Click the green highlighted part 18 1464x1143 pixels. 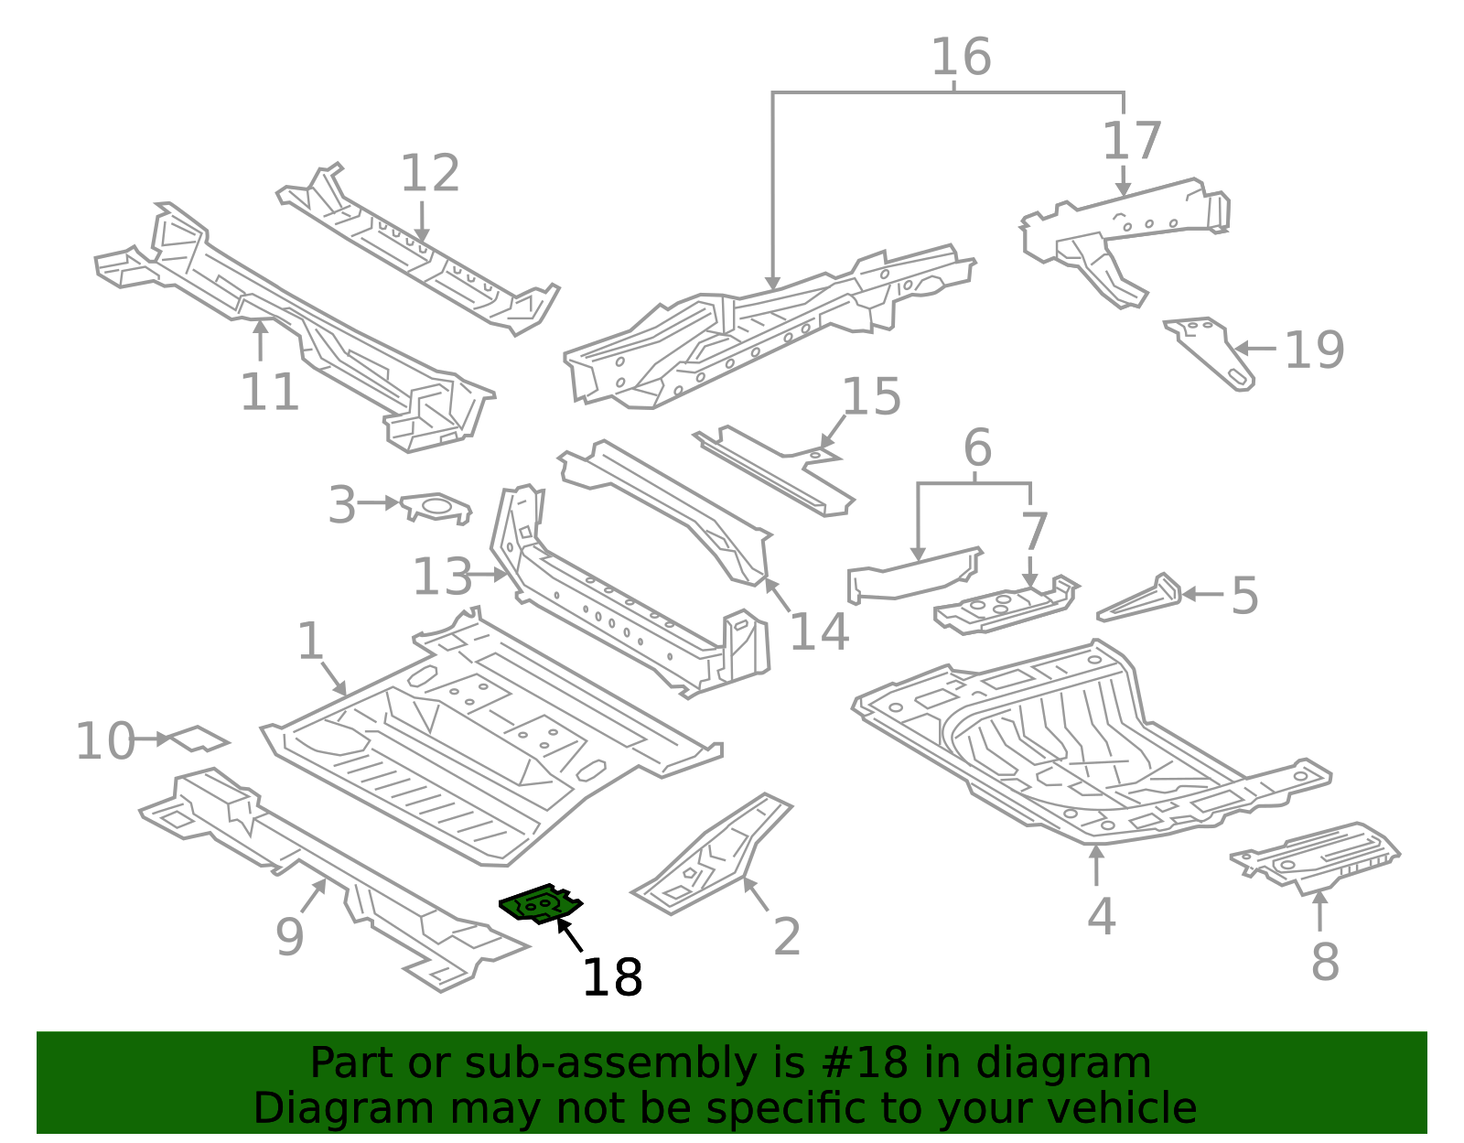[x=541, y=904]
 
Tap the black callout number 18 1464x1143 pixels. [x=612, y=977]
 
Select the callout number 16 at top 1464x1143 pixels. [x=961, y=57]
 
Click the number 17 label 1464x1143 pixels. [x=1132, y=141]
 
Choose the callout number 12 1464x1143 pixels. [x=429, y=173]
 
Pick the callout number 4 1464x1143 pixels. [x=1101, y=916]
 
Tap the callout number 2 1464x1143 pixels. [x=787, y=936]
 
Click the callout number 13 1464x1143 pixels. [x=442, y=577]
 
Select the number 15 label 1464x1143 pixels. [x=870, y=397]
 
